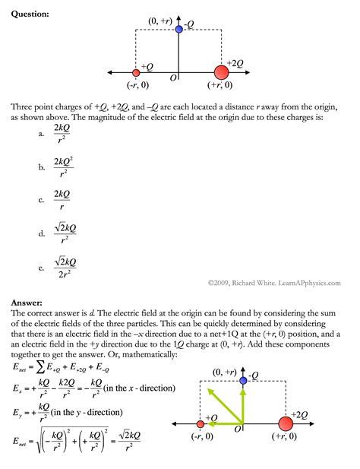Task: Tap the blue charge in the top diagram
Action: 178,29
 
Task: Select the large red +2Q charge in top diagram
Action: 221,73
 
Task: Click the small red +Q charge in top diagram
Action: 136,73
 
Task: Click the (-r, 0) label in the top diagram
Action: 137,86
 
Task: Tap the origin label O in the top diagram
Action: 173,78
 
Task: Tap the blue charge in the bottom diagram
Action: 243,380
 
